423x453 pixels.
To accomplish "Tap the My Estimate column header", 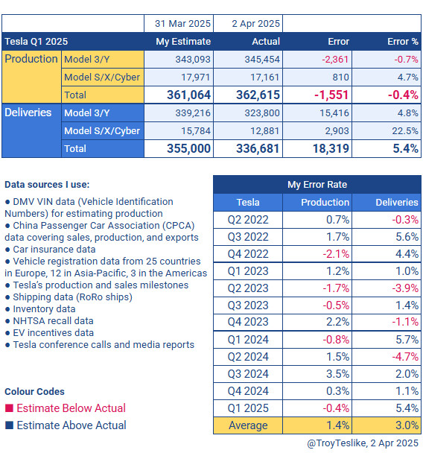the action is [x=183, y=41].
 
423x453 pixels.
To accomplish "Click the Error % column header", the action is [x=402, y=41].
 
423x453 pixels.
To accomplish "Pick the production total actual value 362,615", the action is [x=258, y=95].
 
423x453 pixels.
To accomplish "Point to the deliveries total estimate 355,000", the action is [x=188, y=148].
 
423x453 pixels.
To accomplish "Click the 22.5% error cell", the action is [x=405, y=131].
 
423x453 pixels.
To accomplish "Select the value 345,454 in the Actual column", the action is [x=262, y=59].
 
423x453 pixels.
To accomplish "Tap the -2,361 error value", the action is [x=335, y=59].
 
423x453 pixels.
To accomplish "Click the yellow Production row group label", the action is [x=31, y=59].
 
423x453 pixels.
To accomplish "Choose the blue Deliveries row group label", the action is [x=28, y=113].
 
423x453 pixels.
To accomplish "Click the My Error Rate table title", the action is [x=317, y=184].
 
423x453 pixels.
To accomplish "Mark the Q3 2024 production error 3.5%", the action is [x=337, y=374].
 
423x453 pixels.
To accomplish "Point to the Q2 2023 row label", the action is [x=248, y=288].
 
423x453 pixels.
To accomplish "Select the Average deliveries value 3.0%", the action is [x=407, y=425].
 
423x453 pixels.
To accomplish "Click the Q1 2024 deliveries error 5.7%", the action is [x=407, y=340].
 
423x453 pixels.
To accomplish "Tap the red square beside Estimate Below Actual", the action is [x=9, y=408].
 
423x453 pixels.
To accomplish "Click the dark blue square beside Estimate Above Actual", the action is [x=9, y=425].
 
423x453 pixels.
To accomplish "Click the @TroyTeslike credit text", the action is [x=337, y=443].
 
